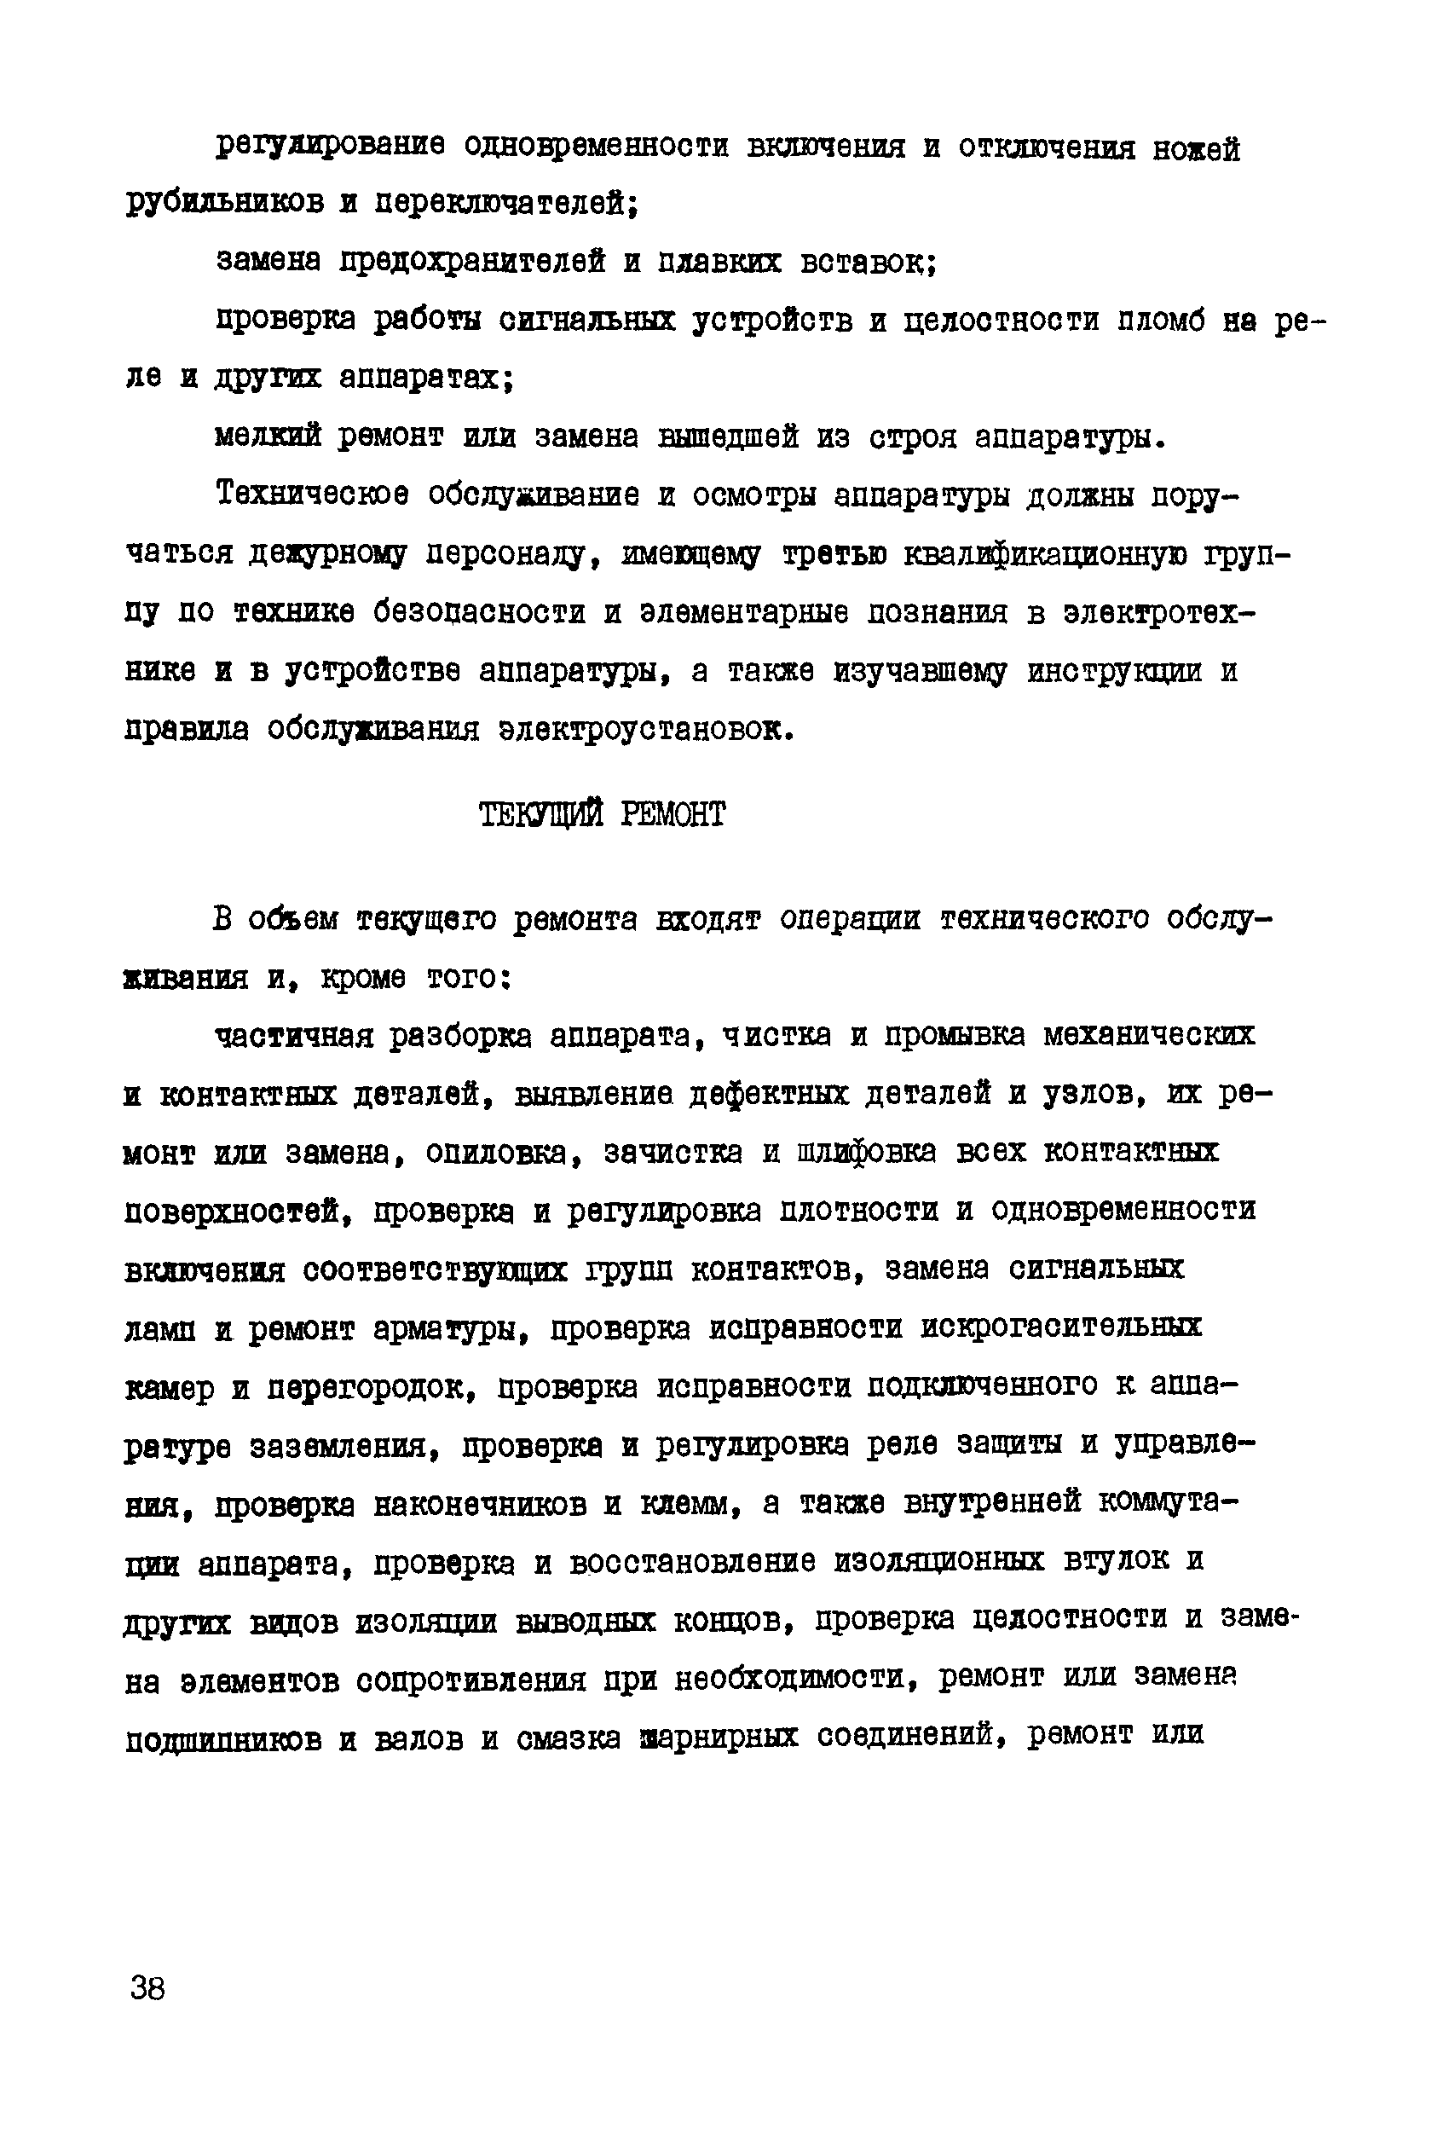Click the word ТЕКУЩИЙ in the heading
coord(541,814)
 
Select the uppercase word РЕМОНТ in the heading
coord(673,814)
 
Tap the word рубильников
coord(224,203)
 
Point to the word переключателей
coord(505,203)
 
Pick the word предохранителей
coord(472,263)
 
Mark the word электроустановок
coord(644,730)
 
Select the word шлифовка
coord(868,1153)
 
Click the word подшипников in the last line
coord(223,1740)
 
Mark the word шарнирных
coord(719,1738)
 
